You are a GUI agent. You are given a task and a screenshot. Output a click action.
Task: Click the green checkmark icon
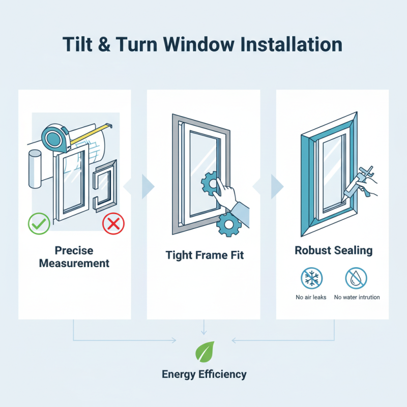click(39, 224)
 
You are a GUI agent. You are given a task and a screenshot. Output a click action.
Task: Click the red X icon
click(113, 224)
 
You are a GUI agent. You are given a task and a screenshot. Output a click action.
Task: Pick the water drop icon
click(356, 278)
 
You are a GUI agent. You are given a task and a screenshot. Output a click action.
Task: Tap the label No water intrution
click(357, 297)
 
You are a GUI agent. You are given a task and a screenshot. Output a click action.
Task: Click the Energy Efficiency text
click(204, 374)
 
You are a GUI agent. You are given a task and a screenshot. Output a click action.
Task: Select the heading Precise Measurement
click(74, 257)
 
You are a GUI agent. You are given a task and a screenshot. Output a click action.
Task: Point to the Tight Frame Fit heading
click(205, 255)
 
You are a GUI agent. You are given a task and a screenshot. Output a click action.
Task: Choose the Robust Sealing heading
click(333, 250)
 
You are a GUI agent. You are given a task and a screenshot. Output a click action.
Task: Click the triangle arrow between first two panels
click(147, 187)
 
